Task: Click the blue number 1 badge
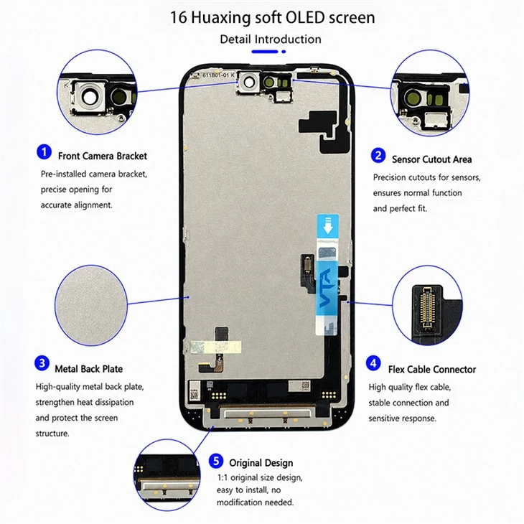point(44,152)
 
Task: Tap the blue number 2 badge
point(378,155)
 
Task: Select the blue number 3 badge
point(42,363)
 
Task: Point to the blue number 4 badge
point(373,363)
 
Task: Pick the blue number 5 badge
point(216,461)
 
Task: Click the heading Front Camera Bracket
point(103,156)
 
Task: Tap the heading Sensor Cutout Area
point(432,159)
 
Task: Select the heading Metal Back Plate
point(88,369)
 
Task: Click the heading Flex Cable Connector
point(432,369)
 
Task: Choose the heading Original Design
point(261,463)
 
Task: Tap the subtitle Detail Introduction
point(271,39)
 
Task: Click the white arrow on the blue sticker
point(328,225)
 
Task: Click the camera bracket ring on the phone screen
point(249,82)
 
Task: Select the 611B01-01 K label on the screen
point(218,75)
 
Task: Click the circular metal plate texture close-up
point(91,305)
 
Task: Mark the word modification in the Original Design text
point(239,502)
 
